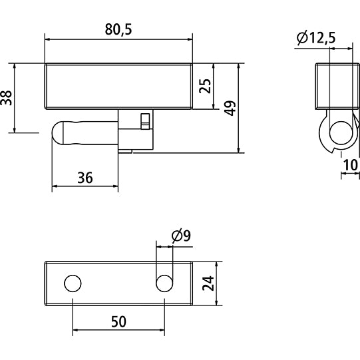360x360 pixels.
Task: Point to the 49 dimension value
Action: (x=230, y=108)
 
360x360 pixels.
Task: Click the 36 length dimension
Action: (x=85, y=178)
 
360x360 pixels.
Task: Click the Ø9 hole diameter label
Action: (x=181, y=235)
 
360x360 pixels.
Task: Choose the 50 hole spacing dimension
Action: (x=117, y=321)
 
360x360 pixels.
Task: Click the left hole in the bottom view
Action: (x=72, y=283)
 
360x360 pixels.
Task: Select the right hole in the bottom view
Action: (x=163, y=283)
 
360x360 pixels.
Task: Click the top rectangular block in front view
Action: (x=118, y=86)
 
